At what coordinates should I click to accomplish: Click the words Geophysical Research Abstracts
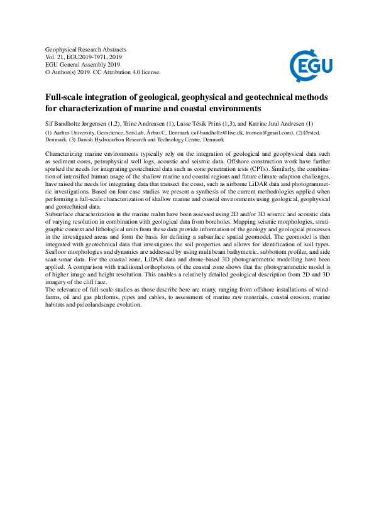86,49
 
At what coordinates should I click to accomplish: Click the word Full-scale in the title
67,97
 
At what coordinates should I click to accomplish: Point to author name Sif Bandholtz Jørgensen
78,123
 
